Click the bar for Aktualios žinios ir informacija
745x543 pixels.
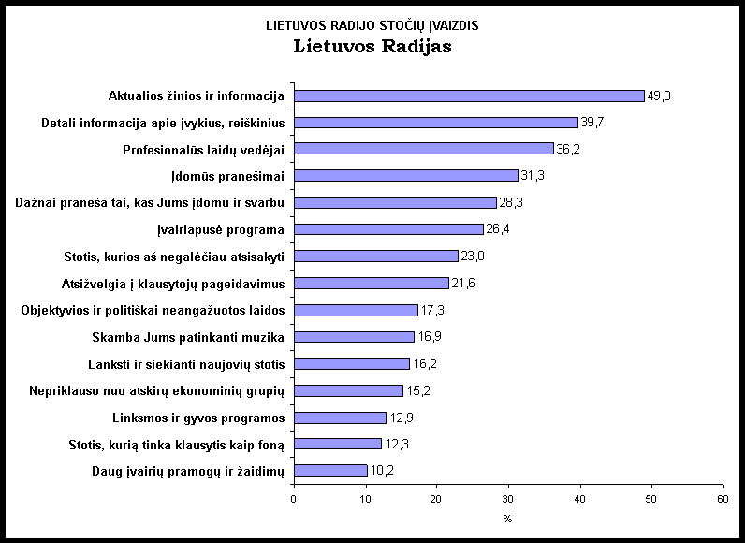(x=469, y=95)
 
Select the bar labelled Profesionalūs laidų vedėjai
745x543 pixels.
(x=423, y=149)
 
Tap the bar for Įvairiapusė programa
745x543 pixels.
(x=388, y=229)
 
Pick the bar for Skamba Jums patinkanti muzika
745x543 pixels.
(x=354, y=337)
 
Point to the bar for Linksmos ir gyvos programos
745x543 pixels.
(x=340, y=418)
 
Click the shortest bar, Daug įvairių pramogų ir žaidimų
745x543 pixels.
(x=330, y=471)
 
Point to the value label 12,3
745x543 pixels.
(x=397, y=445)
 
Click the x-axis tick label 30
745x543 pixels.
(x=508, y=499)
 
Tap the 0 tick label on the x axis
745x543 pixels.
(x=294, y=499)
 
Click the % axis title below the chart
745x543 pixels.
(x=508, y=518)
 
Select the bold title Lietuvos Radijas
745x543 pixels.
(x=372, y=46)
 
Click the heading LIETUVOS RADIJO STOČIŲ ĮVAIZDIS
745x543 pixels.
(x=372, y=25)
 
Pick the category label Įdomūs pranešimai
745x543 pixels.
(x=228, y=176)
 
